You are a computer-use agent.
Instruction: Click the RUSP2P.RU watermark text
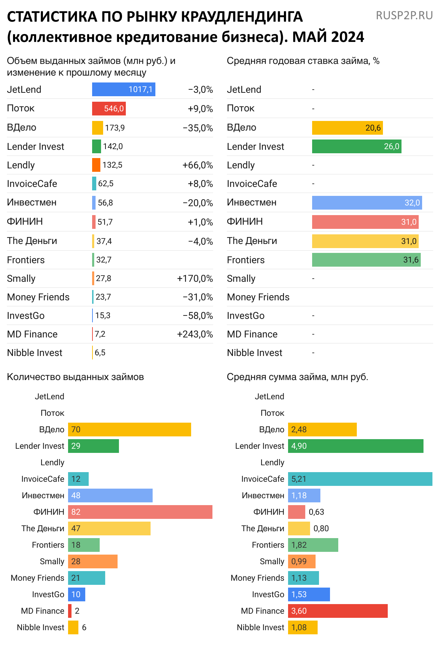tap(404, 15)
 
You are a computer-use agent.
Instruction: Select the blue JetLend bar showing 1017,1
tap(123, 89)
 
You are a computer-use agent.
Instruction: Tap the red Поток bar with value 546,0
tap(109, 109)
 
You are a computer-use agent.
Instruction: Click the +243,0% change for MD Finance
tap(195, 334)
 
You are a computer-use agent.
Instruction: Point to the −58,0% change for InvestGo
tap(198, 316)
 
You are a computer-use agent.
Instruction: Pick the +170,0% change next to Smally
tap(195, 279)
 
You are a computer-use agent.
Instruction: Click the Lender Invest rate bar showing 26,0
tap(356, 146)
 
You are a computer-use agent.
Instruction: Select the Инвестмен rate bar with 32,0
tap(367, 203)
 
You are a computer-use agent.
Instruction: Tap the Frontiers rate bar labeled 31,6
tap(366, 260)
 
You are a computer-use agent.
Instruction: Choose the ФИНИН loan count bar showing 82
tap(140, 512)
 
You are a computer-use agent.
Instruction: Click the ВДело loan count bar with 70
tap(129, 430)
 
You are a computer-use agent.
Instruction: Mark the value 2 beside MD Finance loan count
tap(77, 611)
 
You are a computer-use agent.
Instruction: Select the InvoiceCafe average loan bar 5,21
tap(360, 479)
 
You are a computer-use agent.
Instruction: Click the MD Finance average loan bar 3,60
tap(338, 611)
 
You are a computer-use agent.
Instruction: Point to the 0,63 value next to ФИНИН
tap(316, 512)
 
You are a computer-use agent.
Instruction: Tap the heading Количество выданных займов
tap(75, 377)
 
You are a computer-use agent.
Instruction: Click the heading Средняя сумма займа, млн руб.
tap(297, 377)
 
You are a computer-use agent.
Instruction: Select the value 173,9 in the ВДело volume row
tap(115, 128)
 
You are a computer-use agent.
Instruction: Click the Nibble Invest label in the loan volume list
tap(35, 353)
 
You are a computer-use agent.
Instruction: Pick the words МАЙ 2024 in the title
tap(328, 37)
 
